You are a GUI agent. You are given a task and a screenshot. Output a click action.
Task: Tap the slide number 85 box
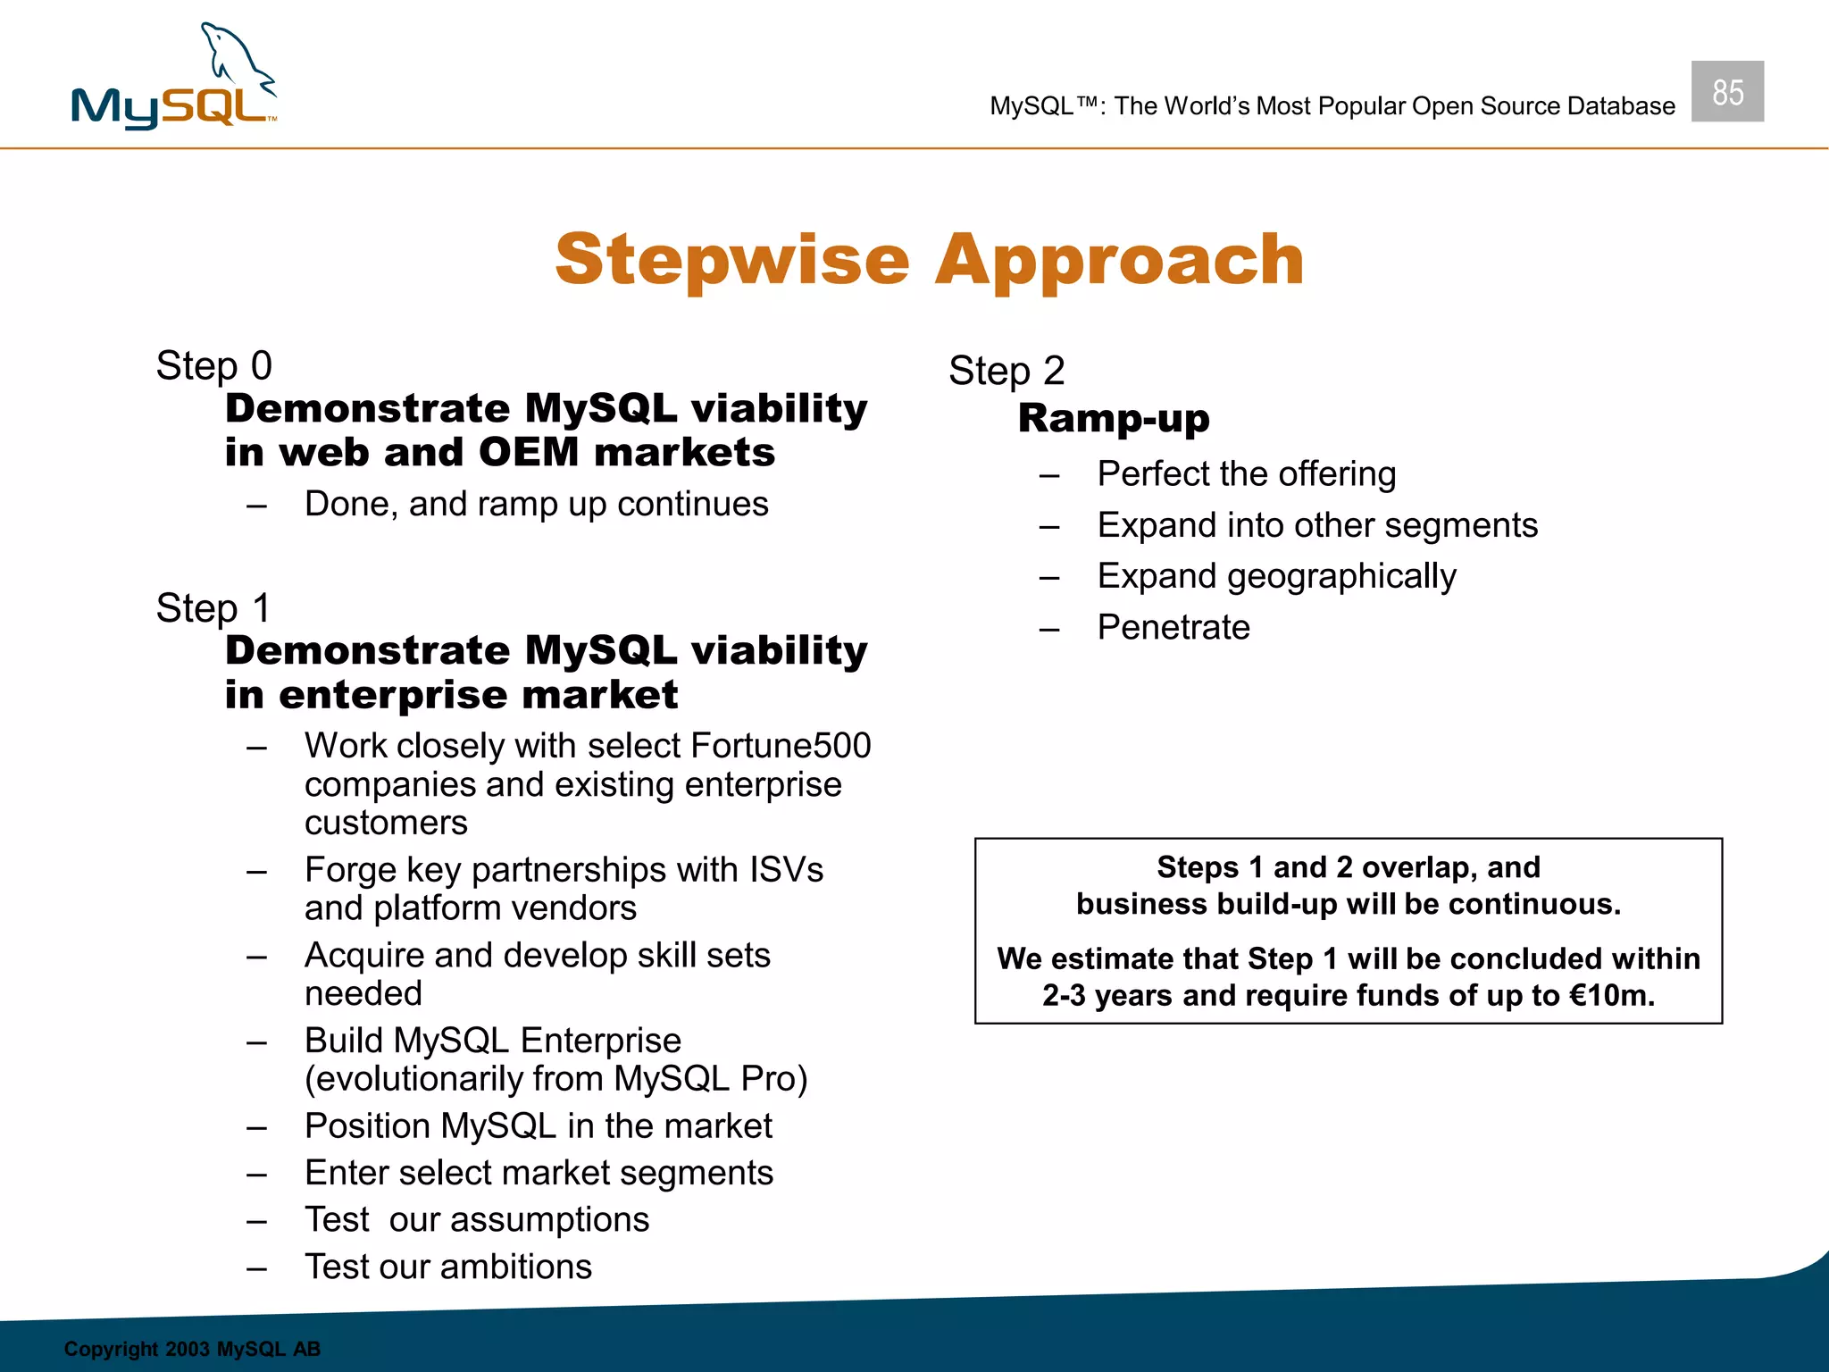coord(1727,92)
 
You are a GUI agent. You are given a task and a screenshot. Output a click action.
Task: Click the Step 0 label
coord(213,366)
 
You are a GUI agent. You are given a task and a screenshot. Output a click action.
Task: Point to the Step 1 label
coord(213,608)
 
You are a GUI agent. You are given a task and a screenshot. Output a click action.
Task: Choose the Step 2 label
coord(1006,371)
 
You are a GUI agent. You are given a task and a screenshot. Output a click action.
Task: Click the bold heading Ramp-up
coord(1114,418)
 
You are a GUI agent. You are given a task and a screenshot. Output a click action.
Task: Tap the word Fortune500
coord(781,746)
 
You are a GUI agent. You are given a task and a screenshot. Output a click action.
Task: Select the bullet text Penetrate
coord(1173,627)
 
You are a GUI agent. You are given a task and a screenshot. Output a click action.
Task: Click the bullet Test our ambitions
coord(448,1267)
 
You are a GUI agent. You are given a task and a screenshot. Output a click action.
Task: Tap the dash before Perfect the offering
coord(1049,475)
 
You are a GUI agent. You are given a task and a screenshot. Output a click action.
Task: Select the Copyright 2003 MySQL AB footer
coord(192,1349)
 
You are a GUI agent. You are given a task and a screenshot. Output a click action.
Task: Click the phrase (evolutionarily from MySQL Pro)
coord(555,1079)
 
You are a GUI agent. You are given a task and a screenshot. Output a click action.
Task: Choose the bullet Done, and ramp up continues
coord(536,505)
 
